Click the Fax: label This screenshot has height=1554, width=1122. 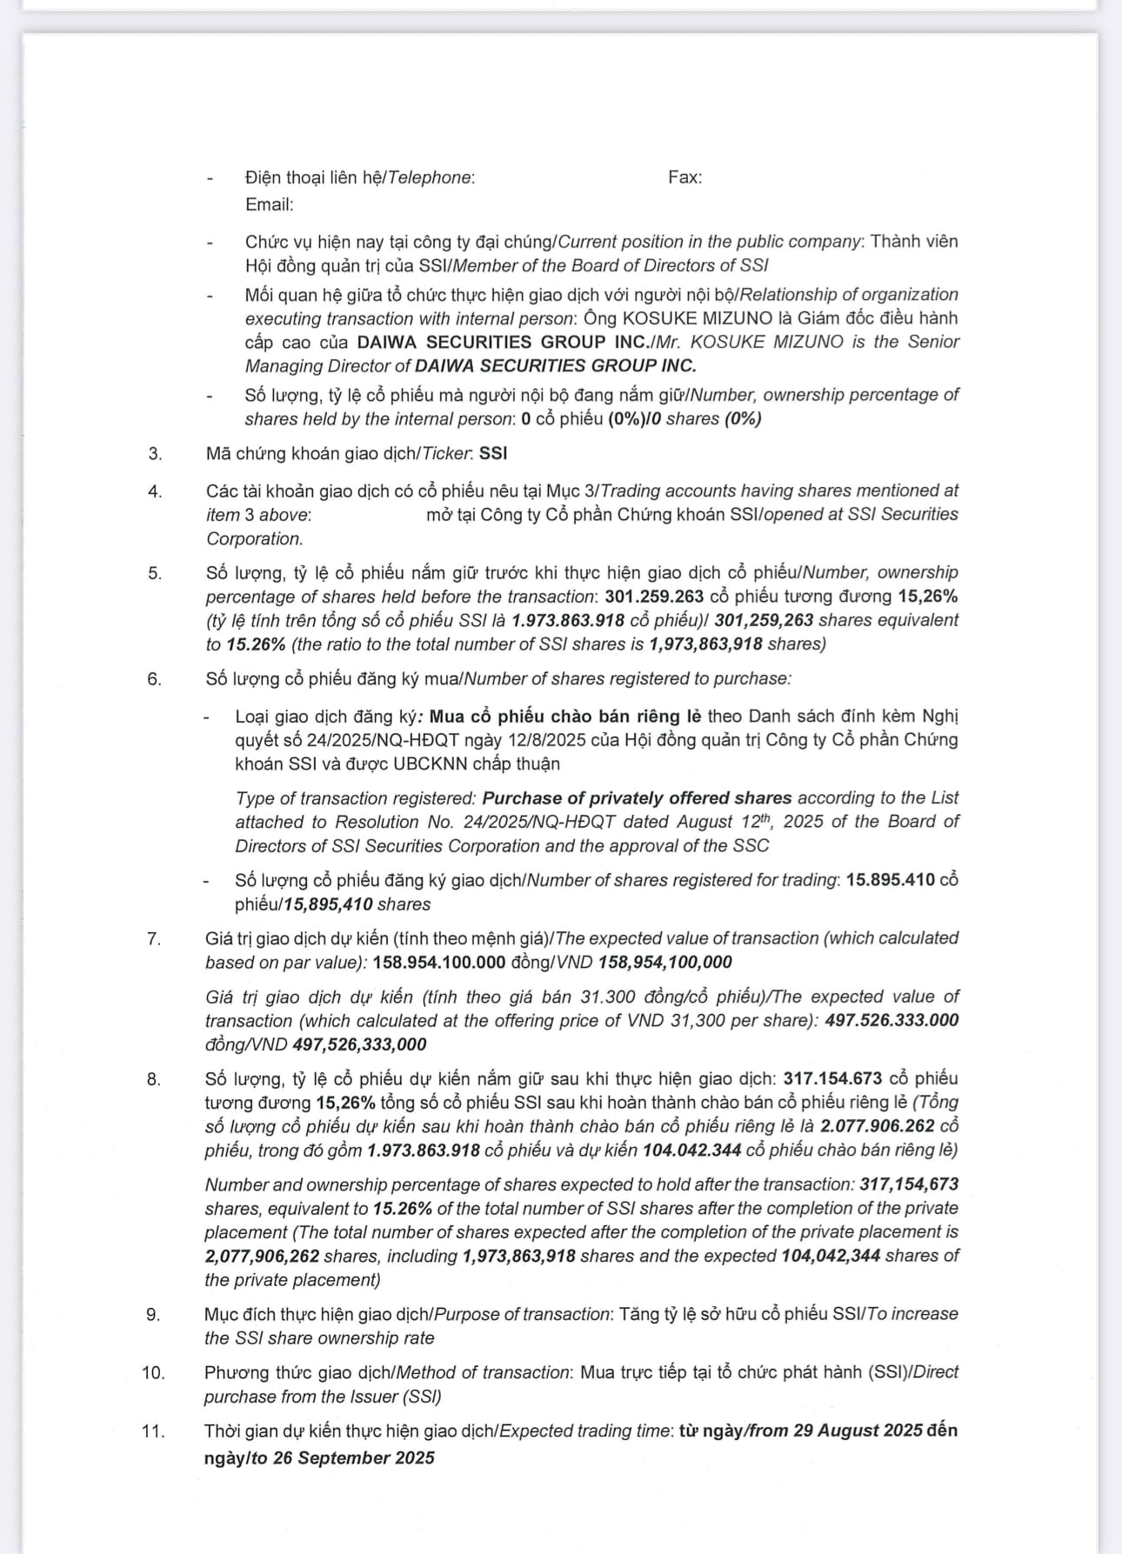(685, 177)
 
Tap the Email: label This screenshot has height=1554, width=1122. (269, 204)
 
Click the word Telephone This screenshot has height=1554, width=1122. (429, 177)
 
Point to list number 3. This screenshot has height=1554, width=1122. (155, 453)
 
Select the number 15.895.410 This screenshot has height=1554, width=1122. (890, 879)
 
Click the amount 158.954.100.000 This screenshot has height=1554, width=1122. (438, 962)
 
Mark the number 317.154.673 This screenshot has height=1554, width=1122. (832, 1078)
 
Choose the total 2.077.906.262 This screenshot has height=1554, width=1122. (877, 1126)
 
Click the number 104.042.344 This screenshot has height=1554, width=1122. (691, 1150)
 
